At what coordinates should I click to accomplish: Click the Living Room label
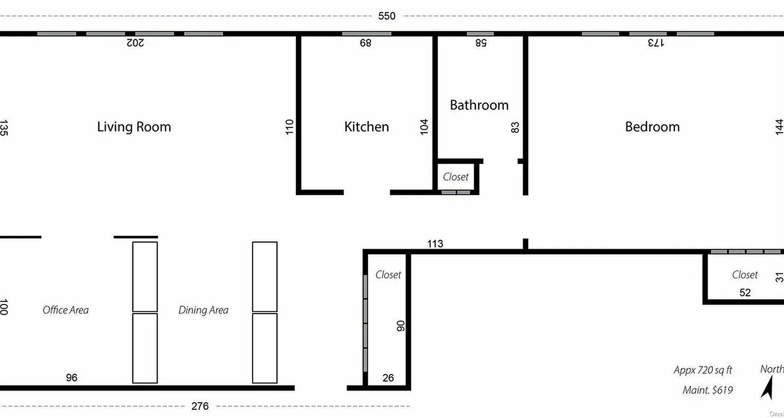point(134,127)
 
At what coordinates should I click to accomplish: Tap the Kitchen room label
point(366,127)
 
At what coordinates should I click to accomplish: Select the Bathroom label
point(479,105)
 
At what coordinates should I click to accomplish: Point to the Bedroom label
point(652,127)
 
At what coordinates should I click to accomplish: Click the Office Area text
point(65,310)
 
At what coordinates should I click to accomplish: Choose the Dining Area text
point(203,310)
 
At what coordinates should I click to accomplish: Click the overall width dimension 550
point(387,16)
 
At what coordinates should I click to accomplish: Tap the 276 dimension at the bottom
point(200,406)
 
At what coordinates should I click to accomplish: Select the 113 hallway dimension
point(435,243)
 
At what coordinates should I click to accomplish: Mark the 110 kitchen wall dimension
point(290,127)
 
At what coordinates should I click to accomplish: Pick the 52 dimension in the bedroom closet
point(745,293)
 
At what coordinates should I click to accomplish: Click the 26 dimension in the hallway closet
point(388,378)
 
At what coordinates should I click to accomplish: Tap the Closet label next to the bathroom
point(455,177)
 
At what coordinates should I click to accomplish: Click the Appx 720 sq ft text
point(702,370)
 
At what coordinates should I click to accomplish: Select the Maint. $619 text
point(707,390)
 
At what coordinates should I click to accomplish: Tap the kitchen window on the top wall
point(366,34)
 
